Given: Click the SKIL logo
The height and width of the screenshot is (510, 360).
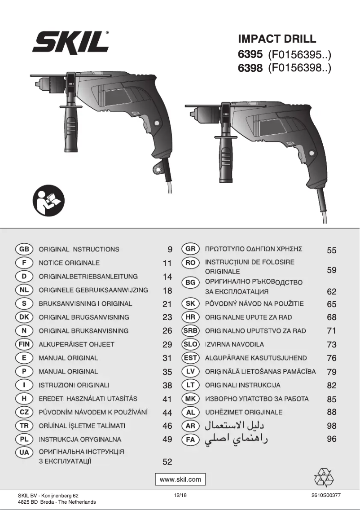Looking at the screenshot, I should coord(70,44).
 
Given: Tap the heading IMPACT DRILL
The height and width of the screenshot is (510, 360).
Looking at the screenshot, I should coord(277,39).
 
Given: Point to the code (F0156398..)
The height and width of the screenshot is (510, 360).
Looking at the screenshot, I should coord(299,69).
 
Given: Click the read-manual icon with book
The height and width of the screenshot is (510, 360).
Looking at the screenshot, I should coord(48,201).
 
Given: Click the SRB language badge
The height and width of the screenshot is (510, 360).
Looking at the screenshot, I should coord(190,331).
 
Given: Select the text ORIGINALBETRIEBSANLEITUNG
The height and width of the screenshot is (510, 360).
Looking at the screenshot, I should coord(88,277).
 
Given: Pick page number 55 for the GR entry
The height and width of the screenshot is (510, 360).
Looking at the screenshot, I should coord(331,251).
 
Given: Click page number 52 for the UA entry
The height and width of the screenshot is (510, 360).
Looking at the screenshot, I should coord(167,462).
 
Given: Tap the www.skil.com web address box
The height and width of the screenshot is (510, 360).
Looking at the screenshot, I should coord(180,479).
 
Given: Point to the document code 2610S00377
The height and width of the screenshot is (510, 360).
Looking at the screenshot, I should coord(326,495).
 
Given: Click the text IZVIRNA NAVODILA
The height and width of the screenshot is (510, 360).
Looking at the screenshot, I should coord(234,344).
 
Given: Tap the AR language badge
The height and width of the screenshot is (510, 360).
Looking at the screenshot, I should coord(190,426).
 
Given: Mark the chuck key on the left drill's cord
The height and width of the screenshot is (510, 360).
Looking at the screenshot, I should coord(158,170).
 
